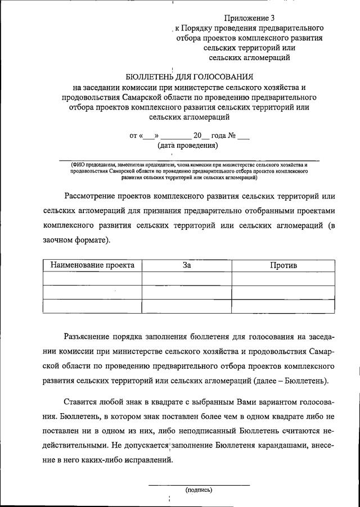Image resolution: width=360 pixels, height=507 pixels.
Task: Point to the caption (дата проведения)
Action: (187, 146)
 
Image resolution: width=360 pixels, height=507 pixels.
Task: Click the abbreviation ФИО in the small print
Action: (78, 164)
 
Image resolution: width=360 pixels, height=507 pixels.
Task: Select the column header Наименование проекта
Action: (92, 265)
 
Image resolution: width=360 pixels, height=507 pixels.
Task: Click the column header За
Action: (187, 265)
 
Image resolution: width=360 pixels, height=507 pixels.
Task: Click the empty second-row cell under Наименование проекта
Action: (92, 292)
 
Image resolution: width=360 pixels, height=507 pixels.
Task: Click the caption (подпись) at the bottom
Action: (199, 490)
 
